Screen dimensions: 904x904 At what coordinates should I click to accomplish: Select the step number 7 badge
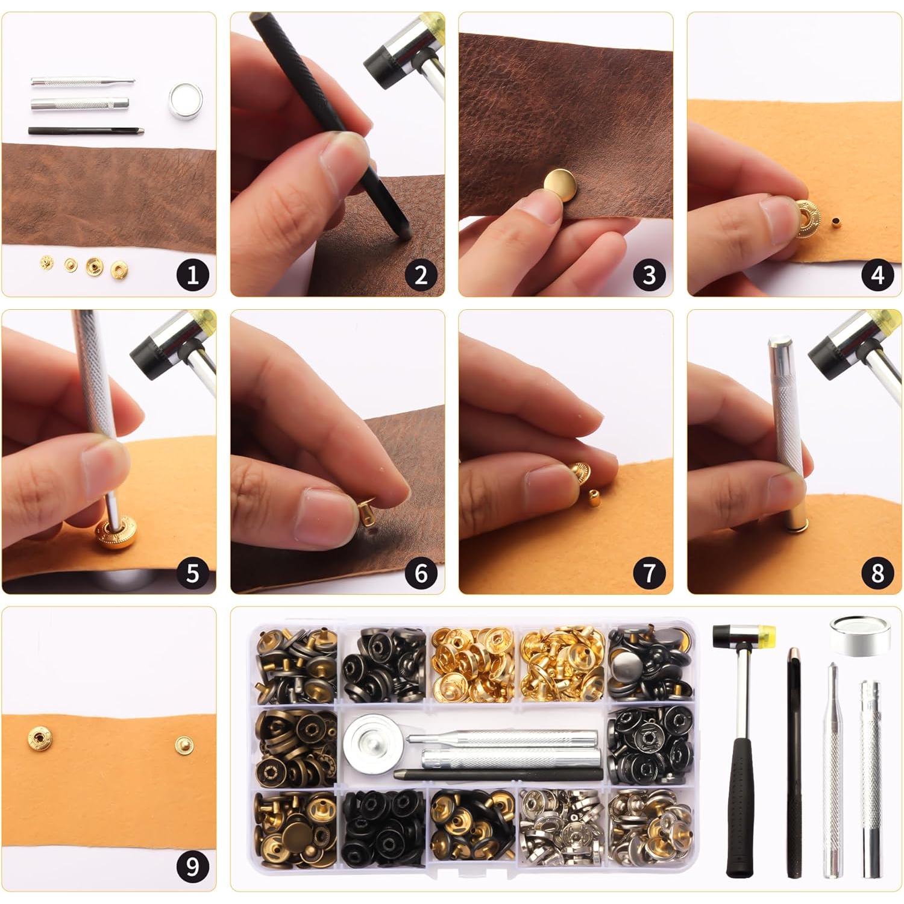(x=649, y=573)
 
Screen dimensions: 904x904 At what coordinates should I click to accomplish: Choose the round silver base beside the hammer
(x=859, y=636)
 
